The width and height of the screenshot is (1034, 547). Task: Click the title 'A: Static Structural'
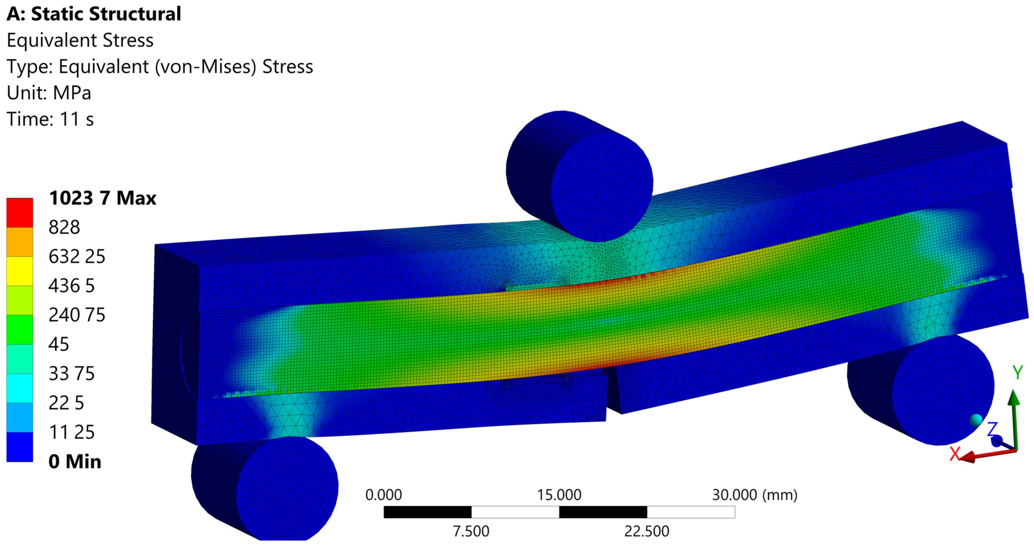pos(94,14)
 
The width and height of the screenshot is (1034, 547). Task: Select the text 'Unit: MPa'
pos(49,93)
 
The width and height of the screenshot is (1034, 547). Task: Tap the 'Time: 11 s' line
pos(50,119)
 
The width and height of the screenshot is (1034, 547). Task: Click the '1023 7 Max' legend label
pos(102,198)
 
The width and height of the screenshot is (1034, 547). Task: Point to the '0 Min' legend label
pos(75,461)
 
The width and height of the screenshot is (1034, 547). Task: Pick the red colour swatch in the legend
pos(20,213)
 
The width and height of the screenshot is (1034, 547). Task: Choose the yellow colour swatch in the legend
pos(20,271)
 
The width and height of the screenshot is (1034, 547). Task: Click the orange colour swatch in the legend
pos(20,242)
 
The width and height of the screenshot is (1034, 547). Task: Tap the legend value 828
pos(64,227)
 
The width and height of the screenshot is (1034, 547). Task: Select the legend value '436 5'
pos(71,286)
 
